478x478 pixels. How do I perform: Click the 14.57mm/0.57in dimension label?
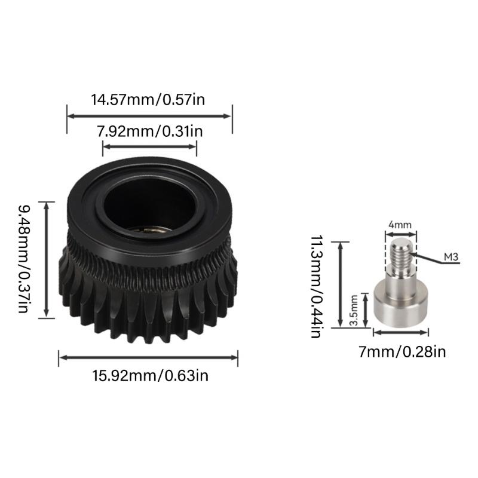point(148,100)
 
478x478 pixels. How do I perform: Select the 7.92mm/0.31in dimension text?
point(150,131)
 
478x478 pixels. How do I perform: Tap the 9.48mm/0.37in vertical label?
point(23,259)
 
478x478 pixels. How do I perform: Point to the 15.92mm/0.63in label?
point(151,376)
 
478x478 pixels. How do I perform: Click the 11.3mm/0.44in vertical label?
point(316,286)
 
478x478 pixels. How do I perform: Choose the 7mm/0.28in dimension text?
point(402,352)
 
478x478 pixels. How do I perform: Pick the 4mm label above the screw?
point(400,225)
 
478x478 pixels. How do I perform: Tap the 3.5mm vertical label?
point(354,310)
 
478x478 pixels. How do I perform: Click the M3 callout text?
point(451,258)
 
